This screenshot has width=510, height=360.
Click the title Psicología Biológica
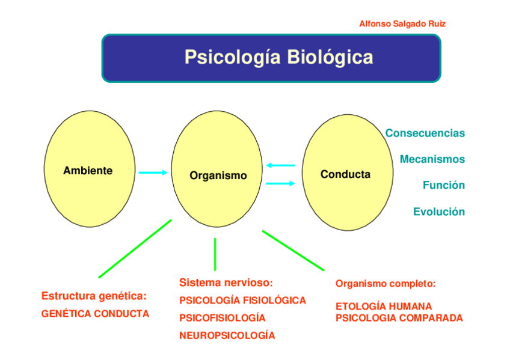278,58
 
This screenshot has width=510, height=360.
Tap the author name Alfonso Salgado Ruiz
402,24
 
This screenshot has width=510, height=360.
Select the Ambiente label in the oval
88,171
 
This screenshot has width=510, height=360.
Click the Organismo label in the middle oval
218,176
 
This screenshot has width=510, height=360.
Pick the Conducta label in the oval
345,175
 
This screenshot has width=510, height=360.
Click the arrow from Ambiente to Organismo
153,173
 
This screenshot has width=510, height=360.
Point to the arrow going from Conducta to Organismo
281,165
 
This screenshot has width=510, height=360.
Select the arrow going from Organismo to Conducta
281,184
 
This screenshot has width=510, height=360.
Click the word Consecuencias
425,133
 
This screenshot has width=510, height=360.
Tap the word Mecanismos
432,160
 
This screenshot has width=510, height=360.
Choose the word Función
443,186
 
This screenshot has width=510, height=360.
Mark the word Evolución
438,212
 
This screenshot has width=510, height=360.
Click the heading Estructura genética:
94,296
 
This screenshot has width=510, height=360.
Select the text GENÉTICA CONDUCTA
95,314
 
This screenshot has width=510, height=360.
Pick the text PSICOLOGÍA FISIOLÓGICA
242,301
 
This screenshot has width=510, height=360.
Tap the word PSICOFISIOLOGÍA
222,318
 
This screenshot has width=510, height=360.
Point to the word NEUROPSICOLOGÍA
227,336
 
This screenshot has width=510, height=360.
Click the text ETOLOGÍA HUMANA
383,307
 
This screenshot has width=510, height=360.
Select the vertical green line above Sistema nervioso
215,254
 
